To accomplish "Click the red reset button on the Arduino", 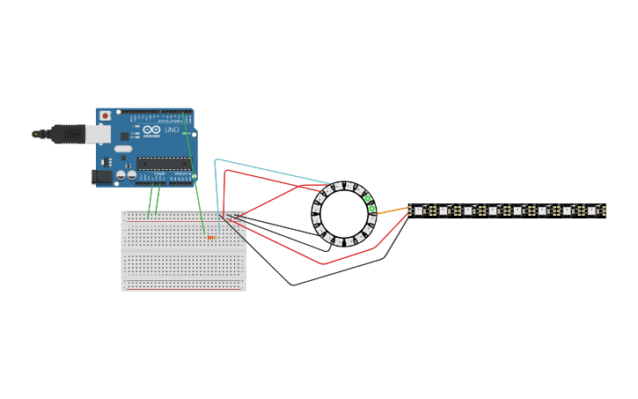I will coord(106,115).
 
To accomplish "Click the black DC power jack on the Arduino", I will coord(102,177).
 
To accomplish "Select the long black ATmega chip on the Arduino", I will coord(163,163).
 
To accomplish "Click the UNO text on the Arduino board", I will coord(171,130).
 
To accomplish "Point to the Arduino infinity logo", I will coord(156,130).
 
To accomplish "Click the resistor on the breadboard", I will coord(211,237).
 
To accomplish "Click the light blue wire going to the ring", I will coord(264,167).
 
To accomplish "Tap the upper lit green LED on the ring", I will coord(368,198).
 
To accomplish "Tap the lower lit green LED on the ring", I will coord(371,210).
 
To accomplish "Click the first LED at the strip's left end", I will coord(419,211).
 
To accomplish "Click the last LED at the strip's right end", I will coord(592,211).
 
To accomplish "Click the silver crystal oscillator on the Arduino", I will coord(123,149).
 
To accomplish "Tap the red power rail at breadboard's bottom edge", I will coord(183,287).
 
